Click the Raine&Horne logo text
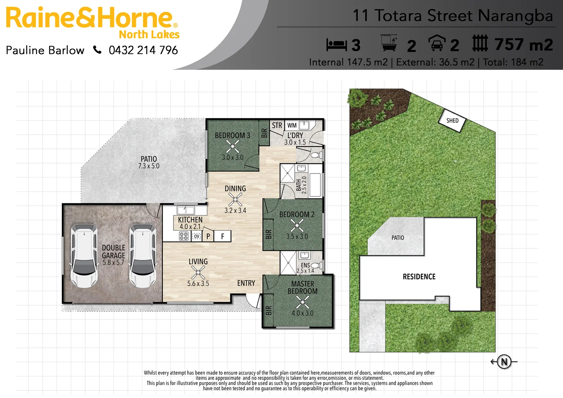coord(89,18)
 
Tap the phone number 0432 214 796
coord(143,50)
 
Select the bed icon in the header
coord(336,45)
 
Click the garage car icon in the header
coord(436,43)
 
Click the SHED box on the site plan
coord(452,121)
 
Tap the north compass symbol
coord(504,362)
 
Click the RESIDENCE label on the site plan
coord(419,277)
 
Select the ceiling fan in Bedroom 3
coord(232,146)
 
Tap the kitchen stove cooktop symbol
coord(183,236)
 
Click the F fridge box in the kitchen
coord(222,236)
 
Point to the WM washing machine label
coord(292,125)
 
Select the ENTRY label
coord(246,283)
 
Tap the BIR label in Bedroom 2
coord(268,234)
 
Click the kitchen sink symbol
coord(186,210)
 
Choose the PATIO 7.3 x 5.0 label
coord(149,162)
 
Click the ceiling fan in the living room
coord(198,273)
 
